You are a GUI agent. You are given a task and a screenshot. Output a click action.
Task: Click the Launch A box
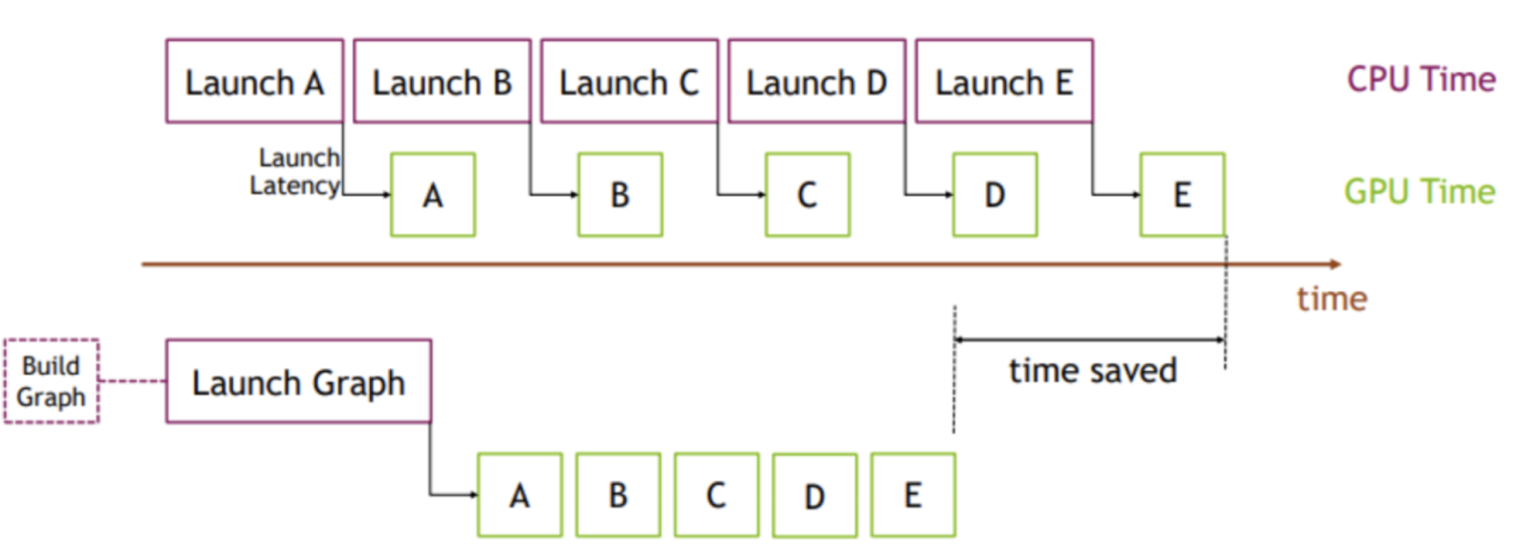click(x=254, y=81)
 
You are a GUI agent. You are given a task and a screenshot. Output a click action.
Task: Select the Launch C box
click(x=629, y=81)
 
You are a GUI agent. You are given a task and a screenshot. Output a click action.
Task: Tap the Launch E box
click(x=1003, y=81)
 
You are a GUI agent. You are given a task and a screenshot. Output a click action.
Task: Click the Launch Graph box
click(x=298, y=381)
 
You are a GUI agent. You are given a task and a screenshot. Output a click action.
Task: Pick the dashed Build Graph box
click(x=52, y=381)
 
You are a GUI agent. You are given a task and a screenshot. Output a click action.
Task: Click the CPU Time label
click(x=1420, y=80)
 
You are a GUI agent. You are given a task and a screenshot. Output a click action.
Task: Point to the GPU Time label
click(x=1418, y=192)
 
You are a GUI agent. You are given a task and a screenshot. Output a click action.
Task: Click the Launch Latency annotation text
click(x=295, y=172)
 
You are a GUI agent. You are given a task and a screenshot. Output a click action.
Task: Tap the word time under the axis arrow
click(x=1331, y=299)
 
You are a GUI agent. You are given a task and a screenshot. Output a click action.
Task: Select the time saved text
click(x=1092, y=371)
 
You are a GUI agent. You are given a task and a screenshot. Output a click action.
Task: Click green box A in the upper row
click(x=433, y=195)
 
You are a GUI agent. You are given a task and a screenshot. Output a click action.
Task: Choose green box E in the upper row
click(x=1181, y=195)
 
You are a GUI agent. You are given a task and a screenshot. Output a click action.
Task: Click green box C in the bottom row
click(x=716, y=495)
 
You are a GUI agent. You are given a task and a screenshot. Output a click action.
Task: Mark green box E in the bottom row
click(x=912, y=495)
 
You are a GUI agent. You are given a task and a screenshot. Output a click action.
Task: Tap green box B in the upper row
click(x=620, y=195)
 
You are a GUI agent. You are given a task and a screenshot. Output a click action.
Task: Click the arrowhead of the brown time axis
click(x=1335, y=264)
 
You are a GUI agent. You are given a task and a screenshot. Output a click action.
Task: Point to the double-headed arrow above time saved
click(x=1089, y=339)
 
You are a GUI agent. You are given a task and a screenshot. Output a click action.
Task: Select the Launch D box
click(x=816, y=81)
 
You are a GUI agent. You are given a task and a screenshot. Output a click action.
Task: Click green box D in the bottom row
click(x=814, y=495)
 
